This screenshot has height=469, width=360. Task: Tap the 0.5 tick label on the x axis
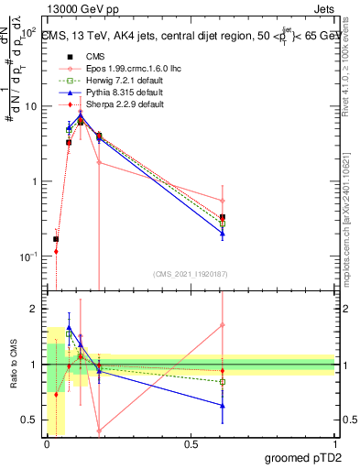pyautogui.click(x=191, y=442)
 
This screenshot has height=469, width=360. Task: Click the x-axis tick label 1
pyautogui.click(x=334, y=442)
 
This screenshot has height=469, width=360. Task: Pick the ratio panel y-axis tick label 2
pyautogui.click(x=34, y=309)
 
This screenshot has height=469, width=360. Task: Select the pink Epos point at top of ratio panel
pyautogui.click(x=223, y=325)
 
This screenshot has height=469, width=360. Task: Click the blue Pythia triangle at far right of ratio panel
pyautogui.click(x=223, y=405)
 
